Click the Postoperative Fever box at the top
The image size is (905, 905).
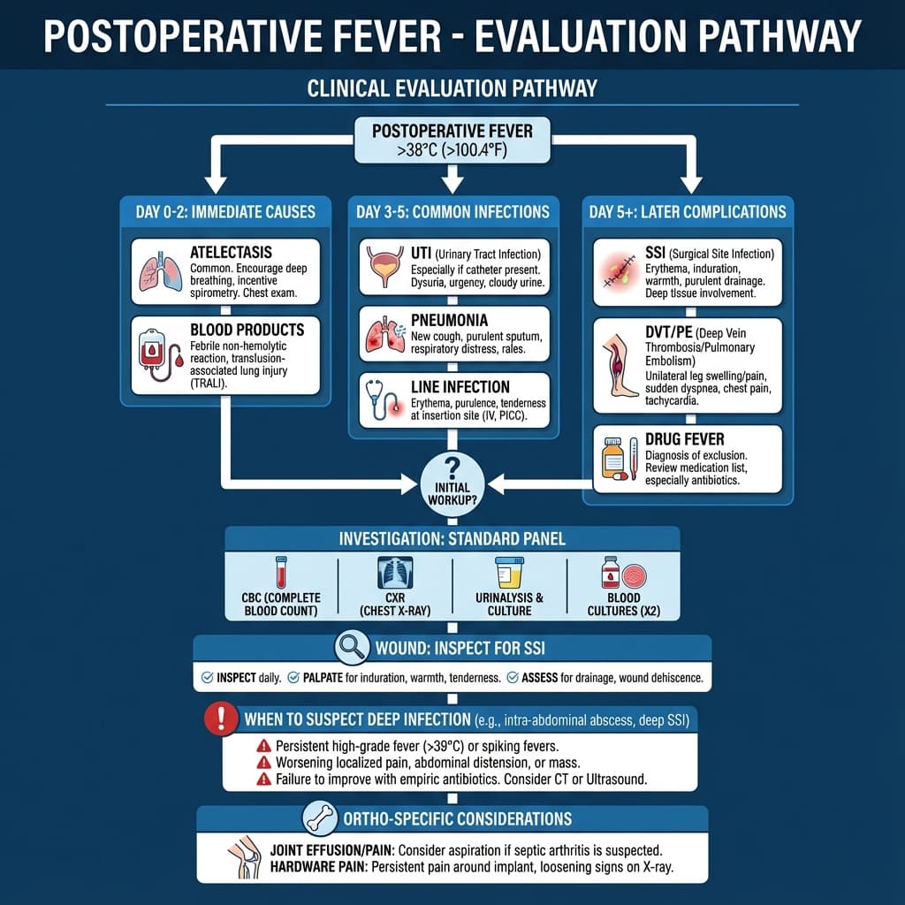(x=452, y=140)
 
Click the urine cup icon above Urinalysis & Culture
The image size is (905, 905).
(x=509, y=572)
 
